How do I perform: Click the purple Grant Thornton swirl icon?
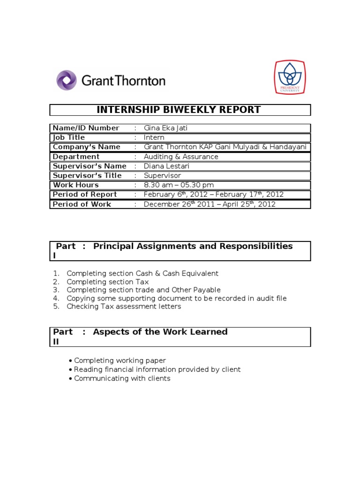[67, 80]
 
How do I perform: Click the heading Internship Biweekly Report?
[179, 110]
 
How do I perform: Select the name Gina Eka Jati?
[165, 128]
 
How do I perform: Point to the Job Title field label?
[69, 137]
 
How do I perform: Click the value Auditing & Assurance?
[181, 157]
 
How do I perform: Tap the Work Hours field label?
[76, 185]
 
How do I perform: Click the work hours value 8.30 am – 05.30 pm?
[179, 185]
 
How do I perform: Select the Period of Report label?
[85, 195]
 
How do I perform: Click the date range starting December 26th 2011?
[210, 204]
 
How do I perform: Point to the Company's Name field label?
[86, 147]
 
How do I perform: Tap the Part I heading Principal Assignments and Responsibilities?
[193, 246]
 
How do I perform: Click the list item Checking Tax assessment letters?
[124, 307]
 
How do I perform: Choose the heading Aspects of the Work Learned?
[160, 332]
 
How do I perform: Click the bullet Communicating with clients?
[122, 378]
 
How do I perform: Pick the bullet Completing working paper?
[120, 360]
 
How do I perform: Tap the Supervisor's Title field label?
[87, 175]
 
